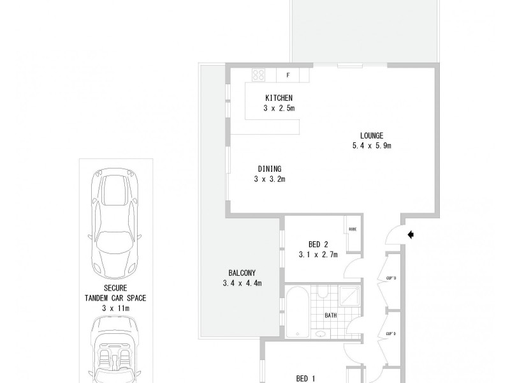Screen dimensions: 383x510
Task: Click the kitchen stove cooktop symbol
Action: pyautogui.click(x=259, y=75)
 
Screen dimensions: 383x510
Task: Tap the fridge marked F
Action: pyautogui.click(x=288, y=75)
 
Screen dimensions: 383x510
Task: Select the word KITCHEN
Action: pyautogui.click(x=279, y=98)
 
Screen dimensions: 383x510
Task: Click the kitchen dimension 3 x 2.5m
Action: pyautogui.click(x=279, y=108)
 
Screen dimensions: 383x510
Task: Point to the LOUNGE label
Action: pyautogui.click(x=371, y=135)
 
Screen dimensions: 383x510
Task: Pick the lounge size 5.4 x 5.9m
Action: pyautogui.click(x=371, y=146)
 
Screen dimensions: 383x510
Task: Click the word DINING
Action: pyautogui.click(x=270, y=169)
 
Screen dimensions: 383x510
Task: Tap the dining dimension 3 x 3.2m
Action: pyautogui.click(x=270, y=179)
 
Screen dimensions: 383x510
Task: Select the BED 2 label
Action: pyautogui.click(x=318, y=244)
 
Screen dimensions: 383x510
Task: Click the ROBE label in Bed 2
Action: pyautogui.click(x=353, y=230)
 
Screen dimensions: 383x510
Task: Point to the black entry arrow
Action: pyautogui.click(x=411, y=235)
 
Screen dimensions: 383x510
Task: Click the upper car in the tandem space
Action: pyautogui.click(x=114, y=220)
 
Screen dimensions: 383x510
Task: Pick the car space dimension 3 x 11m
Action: pyautogui.click(x=115, y=308)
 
